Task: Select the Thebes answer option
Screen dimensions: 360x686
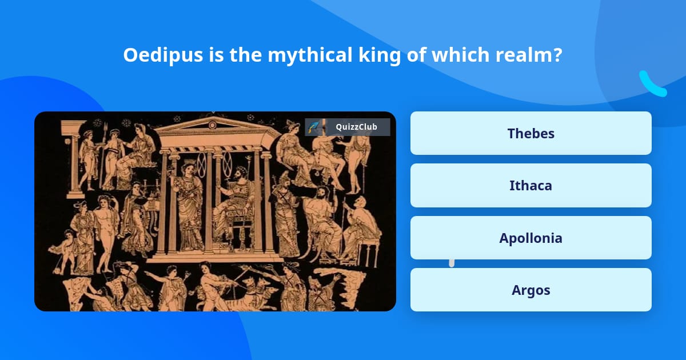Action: (531, 133)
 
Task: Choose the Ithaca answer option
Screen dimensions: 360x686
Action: (531, 185)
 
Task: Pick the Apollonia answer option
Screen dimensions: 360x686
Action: (531, 238)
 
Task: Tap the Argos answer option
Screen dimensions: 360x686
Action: (531, 290)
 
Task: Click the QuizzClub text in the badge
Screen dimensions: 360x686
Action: (356, 127)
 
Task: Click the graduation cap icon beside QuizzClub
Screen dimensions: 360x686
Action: (314, 127)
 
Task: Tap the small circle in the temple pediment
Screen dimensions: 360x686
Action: (213, 125)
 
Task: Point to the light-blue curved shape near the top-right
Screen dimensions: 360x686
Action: (652, 83)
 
